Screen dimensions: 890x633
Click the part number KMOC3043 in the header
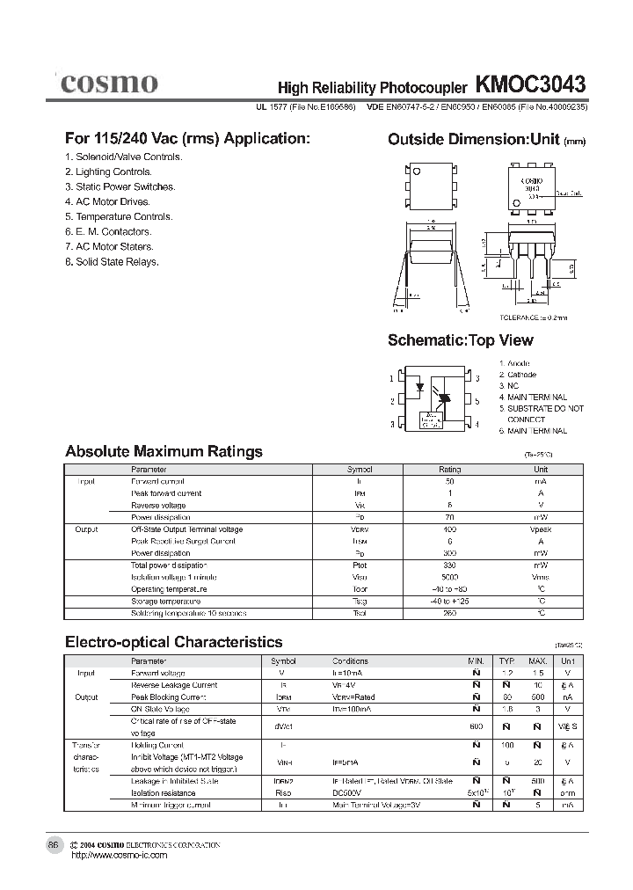point(530,84)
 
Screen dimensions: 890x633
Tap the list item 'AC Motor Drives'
point(107,201)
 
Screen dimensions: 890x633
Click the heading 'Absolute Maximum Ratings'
point(164,452)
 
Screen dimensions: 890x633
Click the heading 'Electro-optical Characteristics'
point(174,642)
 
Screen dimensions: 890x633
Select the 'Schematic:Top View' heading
point(460,340)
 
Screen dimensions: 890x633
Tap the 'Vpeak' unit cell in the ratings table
point(540,529)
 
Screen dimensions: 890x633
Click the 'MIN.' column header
point(476,660)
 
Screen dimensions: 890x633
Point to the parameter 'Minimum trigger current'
point(171,805)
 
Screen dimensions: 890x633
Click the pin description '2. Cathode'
point(518,375)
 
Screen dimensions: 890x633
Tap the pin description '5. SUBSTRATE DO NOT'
point(541,409)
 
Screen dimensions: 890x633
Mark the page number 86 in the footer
point(53,844)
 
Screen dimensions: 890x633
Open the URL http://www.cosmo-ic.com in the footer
point(118,855)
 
